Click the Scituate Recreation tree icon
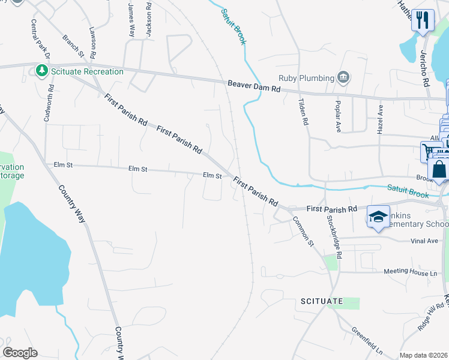tap(41, 71)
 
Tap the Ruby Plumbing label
tap(306, 77)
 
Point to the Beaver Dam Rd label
tap(254, 87)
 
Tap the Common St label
tap(303, 230)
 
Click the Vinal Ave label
tap(424, 241)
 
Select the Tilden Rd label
tap(304, 112)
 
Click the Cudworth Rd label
tap(49, 103)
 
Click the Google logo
tap(20, 352)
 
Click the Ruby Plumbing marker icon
tap(343, 77)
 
